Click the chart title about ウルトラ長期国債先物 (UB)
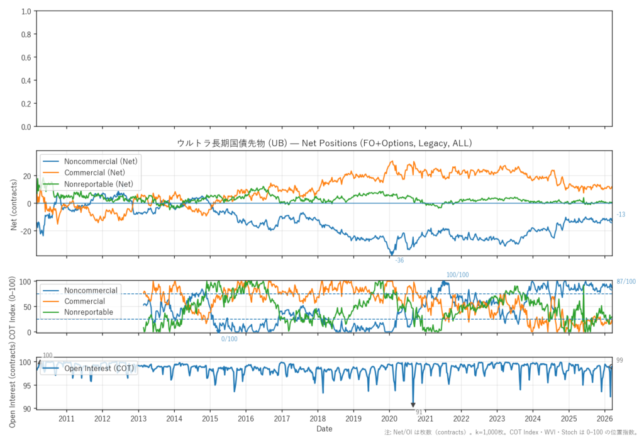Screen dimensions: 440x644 (324, 144)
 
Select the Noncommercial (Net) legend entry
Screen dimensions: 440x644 (101, 161)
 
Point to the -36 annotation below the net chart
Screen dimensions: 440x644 (399, 260)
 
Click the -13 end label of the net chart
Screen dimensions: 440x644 (621, 215)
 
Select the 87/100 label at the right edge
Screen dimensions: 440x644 (626, 281)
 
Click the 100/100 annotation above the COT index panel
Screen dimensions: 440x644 (457, 275)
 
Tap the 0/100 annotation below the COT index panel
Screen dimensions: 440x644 (229, 339)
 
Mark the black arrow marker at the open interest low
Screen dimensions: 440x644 (413, 405)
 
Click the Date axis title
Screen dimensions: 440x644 (325, 429)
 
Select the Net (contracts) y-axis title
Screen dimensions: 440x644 (14, 203)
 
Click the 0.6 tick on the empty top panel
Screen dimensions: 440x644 (25, 58)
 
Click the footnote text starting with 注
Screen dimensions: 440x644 (512, 434)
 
